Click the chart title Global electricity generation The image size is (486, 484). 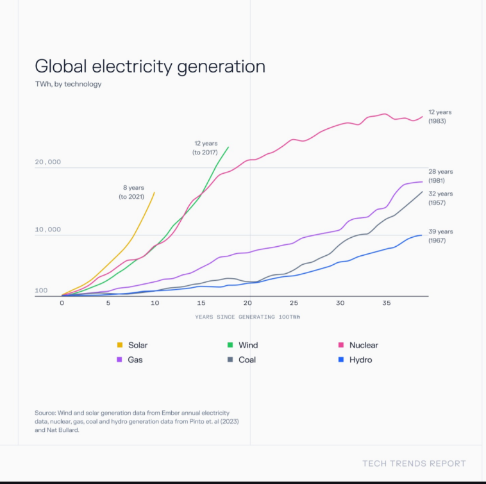pos(149,67)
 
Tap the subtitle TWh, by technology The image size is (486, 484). pos(68,84)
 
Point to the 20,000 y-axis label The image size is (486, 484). pos(48,162)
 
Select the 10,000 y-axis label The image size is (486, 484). pos(48,229)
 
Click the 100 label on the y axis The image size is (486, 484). pos(41,290)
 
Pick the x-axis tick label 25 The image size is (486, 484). pos(294,303)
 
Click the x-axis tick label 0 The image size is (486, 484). pos(62,303)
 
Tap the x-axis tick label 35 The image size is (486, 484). pos(386,303)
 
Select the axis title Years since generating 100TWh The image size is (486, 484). pos(248,317)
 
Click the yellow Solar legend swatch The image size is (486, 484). pos(120,345)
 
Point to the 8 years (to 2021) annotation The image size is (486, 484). pos(131,192)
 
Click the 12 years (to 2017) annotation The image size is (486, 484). pos(205,148)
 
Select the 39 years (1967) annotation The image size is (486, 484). pos(441,236)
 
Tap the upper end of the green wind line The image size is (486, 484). pos(228,147)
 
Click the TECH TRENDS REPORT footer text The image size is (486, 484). pos(414,463)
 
